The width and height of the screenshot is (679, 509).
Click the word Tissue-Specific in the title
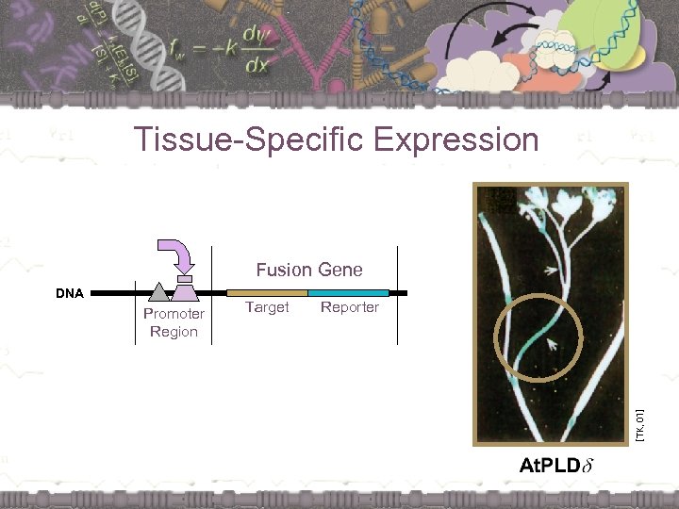249,140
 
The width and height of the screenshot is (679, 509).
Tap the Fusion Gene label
308,270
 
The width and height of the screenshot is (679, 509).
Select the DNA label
69,293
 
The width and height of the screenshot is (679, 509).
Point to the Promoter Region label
174,322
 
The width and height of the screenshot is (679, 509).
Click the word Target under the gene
267,307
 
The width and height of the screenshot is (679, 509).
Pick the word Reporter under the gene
349,307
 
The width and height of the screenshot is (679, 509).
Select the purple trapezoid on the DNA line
185,294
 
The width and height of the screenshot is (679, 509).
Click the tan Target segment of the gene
267,293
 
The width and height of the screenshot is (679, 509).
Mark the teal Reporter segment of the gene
348,293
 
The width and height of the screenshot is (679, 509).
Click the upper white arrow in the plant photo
550,271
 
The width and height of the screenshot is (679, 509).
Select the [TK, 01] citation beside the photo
638,425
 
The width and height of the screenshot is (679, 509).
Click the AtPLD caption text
551,465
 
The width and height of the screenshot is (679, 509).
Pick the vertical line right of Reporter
398,295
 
